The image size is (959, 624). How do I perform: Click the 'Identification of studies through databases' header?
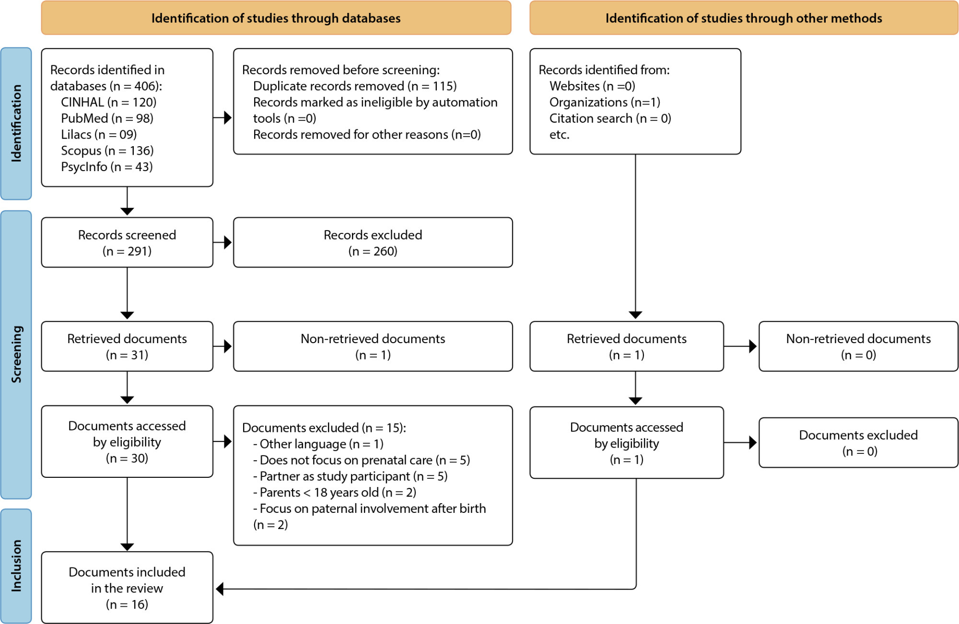tap(276, 18)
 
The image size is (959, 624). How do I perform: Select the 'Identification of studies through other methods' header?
tap(744, 18)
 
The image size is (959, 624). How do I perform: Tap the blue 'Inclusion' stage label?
tap(16, 566)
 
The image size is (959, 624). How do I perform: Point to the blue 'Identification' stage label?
tap(16, 124)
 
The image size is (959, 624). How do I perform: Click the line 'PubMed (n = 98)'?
tap(107, 118)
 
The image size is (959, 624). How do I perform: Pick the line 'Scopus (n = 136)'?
tap(107, 151)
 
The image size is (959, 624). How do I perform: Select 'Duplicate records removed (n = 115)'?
tap(355, 86)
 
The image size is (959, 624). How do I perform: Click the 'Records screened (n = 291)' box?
tap(127, 243)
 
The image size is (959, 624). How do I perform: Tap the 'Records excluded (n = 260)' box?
tap(373, 243)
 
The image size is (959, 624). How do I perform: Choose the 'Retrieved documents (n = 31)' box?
tap(127, 347)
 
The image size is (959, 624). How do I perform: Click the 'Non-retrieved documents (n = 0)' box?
tap(858, 347)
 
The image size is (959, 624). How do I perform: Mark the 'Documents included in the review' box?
tap(127, 588)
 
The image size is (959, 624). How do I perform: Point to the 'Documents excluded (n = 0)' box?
tap(858, 443)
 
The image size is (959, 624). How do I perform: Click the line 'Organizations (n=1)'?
tap(605, 103)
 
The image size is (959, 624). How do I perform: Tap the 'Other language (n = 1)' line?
tap(318, 444)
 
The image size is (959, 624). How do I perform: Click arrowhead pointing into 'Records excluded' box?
tap(228, 243)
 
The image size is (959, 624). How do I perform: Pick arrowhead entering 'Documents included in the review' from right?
tap(220, 589)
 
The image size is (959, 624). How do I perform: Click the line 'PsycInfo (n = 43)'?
tap(106, 167)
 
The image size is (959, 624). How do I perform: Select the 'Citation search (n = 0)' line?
tap(610, 118)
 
